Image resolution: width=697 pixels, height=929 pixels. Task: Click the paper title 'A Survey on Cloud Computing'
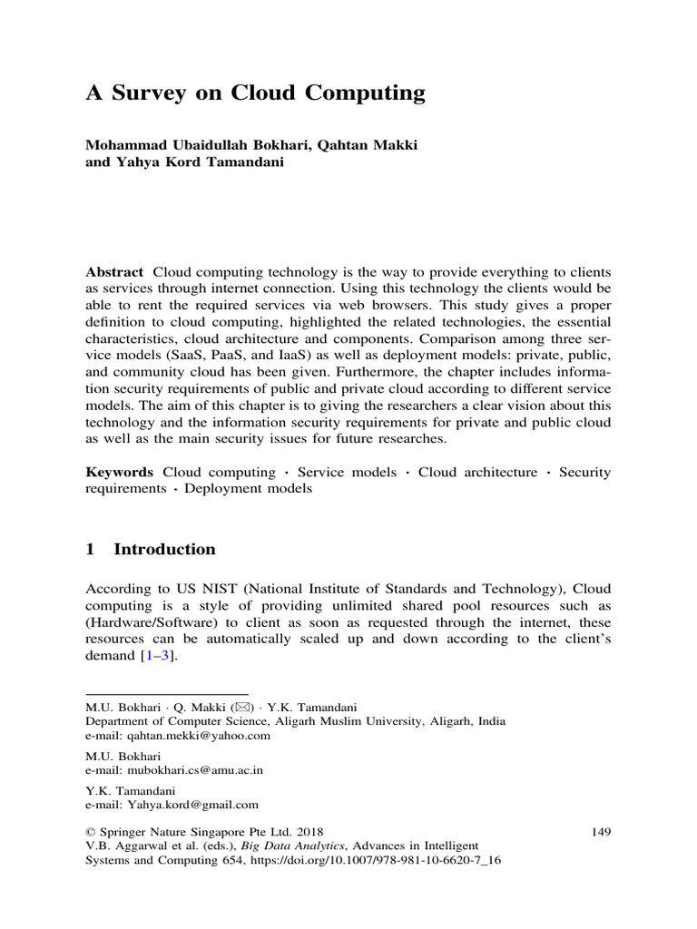[255, 93]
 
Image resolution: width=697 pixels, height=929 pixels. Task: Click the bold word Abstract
[114, 272]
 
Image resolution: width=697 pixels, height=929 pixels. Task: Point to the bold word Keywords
[120, 472]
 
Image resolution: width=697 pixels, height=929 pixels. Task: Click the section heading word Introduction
[164, 549]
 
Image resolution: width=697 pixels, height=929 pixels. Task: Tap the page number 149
[601, 830]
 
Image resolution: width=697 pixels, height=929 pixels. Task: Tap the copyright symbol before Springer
[90, 830]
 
